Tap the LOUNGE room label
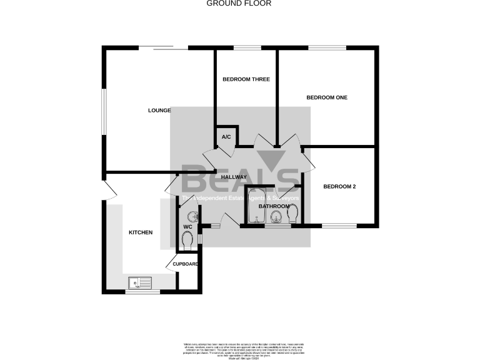tap(159, 111)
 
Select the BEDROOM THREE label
tap(246, 79)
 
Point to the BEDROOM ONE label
tap(326, 97)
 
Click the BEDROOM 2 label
tap(339, 186)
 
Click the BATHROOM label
tap(274, 206)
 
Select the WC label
tap(187, 226)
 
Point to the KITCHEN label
tap(141, 232)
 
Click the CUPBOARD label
tap(186, 264)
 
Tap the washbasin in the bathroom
tap(276, 216)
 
